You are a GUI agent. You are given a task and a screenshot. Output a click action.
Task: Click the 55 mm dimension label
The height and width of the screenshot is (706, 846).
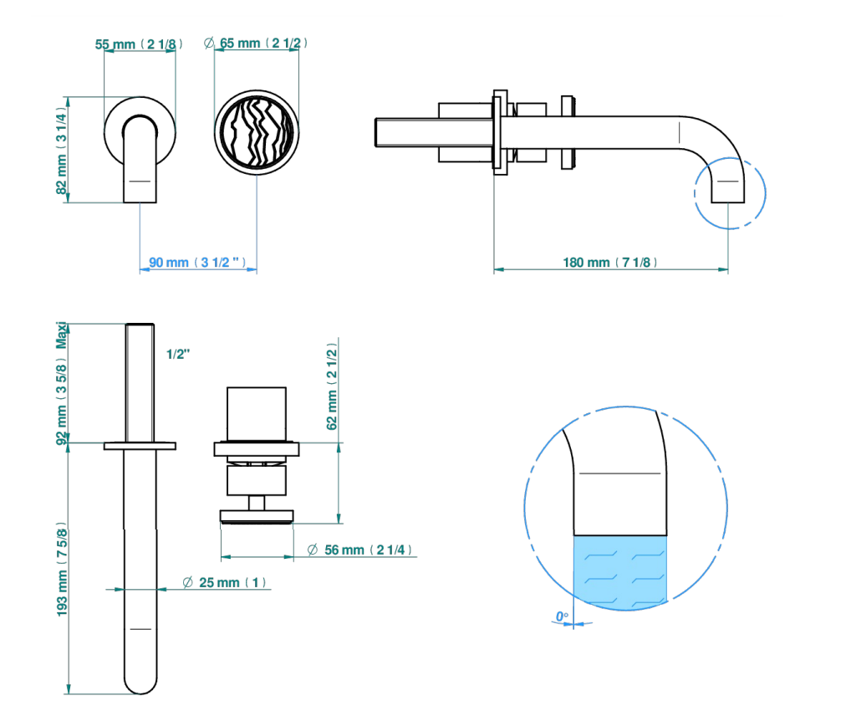(x=139, y=43)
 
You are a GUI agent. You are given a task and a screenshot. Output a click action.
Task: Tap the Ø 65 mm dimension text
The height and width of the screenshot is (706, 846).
(x=256, y=43)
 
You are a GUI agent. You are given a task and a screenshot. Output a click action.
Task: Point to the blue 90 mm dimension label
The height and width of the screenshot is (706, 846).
(x=197, y=263)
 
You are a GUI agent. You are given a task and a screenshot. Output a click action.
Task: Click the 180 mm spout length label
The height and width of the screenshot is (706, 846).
(x=609, y=263)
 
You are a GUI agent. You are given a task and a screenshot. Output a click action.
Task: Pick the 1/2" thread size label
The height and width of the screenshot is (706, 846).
(x=178, y=354)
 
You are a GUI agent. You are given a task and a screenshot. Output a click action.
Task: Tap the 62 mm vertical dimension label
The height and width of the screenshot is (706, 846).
(x=332, y=386)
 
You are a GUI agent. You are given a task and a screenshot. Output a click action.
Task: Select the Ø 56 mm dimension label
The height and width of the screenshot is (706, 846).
(x=359, y=550)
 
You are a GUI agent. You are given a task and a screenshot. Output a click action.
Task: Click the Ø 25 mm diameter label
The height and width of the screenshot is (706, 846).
(x=224, y=582)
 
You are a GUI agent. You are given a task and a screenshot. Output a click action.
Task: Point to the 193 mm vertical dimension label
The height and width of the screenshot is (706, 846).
(x=62, y=570)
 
